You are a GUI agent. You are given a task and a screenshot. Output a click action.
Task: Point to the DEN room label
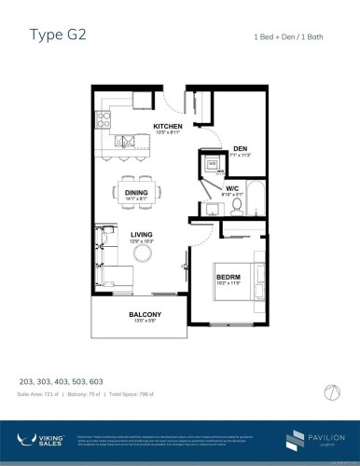[240, 148]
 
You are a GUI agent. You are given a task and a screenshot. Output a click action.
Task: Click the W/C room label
[233, 188]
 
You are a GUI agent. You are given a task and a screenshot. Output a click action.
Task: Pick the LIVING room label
[142, 236]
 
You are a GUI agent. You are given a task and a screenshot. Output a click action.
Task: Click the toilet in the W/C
[237, 203]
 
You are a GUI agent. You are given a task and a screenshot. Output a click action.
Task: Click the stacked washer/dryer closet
[213, 165]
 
